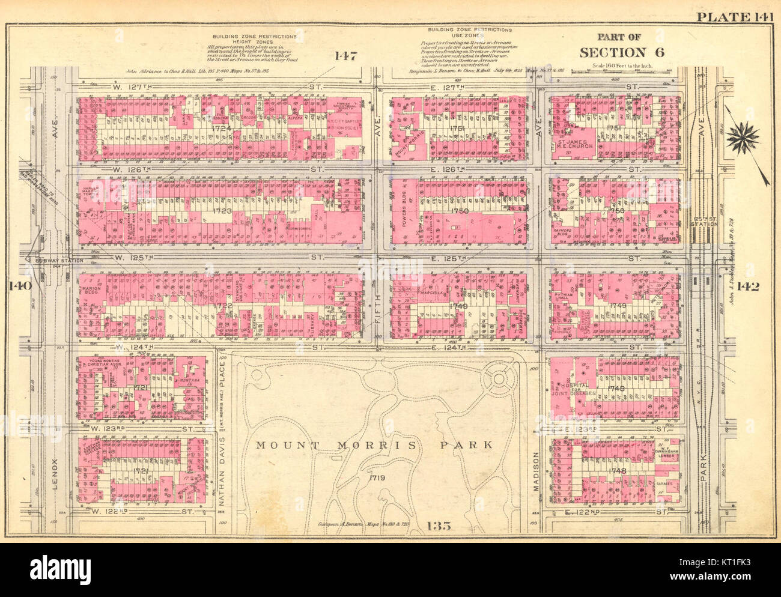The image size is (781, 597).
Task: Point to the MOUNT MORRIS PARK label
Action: coord(374,446)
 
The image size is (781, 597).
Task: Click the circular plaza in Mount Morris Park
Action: coord(498,378)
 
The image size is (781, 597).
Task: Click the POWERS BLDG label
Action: coord(404,210)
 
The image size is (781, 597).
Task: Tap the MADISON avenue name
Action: coord(536,473)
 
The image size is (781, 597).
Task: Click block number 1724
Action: coord(221,129)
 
